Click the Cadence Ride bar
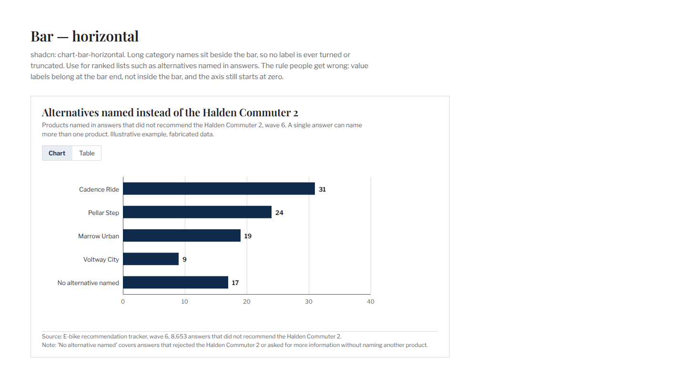tap(219, 189)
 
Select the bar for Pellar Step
tap(197, 212)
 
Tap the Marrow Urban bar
tap(182, 235)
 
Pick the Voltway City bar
tap(151, 259)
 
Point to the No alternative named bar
tap(175, 282)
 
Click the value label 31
tap(322, 189)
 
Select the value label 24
tap(279, 213)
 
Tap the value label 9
tap(184, 260)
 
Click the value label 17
tap(235, 283)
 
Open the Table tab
tap(87, 153)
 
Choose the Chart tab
tap(57, 153)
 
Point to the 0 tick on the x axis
tap(123, 302)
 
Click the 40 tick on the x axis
tap(371, 302)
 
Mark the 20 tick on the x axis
tap(247, 302)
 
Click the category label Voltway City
tap(101, 260)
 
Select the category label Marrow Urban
tap(98, 236)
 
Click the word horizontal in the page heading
tap(105, 37)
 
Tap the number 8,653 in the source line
tap(179, 337)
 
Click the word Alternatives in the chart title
tap(71, 112)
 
